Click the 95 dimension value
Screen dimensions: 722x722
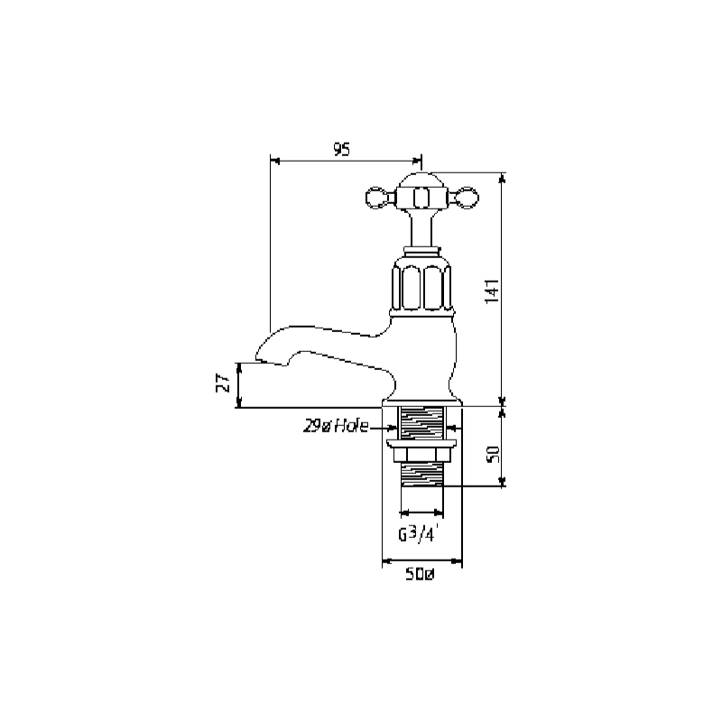(x=341, y=150)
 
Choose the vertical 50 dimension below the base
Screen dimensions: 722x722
(x=492, y=453)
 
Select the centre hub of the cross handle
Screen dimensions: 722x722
(x=421, y=194)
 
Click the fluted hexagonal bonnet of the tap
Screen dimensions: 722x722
(x=421, y=284)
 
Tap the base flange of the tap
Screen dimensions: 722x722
(x=421, y=400)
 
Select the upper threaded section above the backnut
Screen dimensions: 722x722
(x=421, y=421)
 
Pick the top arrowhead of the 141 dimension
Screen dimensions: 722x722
(x=503, y=176)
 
